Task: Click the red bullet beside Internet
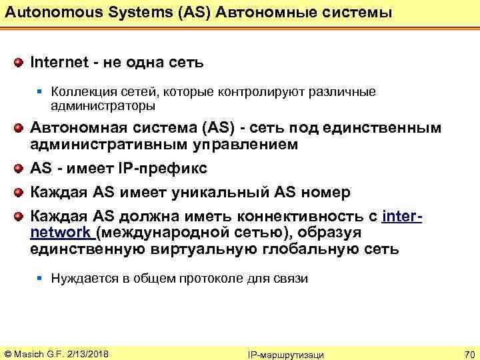[20, 63]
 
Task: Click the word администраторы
[103, 105]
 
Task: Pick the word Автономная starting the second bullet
[71, 129]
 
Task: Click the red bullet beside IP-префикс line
[20, 169]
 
